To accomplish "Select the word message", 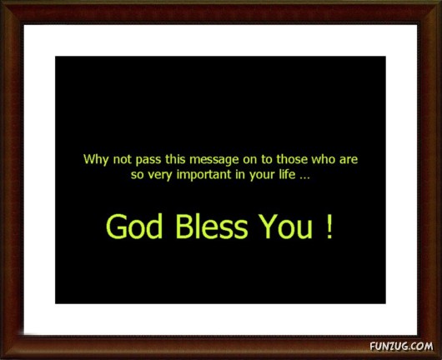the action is tap(214, 160).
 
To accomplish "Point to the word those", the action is tap(292, 159).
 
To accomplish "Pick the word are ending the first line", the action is tap(349, 160).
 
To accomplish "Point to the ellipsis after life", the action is tap(304, 178).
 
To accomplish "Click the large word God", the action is tap(134, 227).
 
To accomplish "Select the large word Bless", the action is tap(212, 227).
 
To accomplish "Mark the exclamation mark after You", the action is tap(329, 227).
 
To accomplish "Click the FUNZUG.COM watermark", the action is tap(401, 346).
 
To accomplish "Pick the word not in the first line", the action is tap(123, 160).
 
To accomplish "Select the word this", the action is tap(175, 159).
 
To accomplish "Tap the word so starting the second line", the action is tap(138, 176).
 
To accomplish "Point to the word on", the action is tap(250, 160).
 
